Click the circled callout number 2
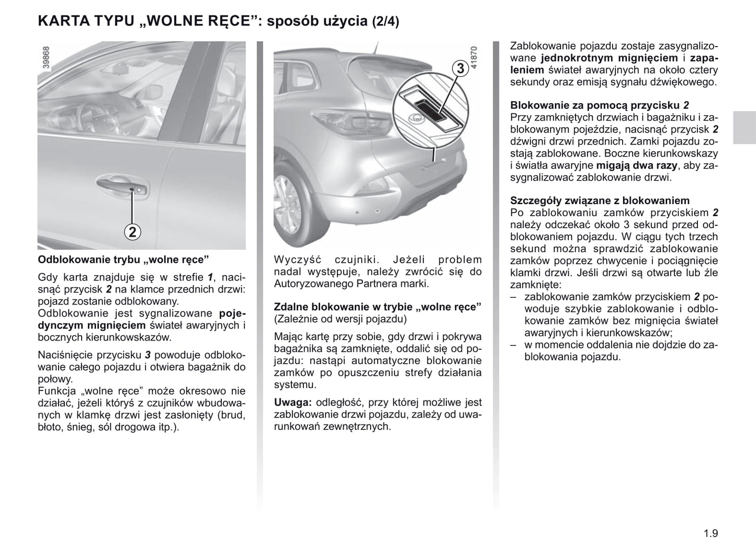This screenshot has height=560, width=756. pos(133,231)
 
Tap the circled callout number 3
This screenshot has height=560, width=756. pos(460,69)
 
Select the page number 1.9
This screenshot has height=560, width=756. pos(710,534)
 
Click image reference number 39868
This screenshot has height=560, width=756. pos(46,58)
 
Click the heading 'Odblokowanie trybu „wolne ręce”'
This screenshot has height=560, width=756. pos(123,260)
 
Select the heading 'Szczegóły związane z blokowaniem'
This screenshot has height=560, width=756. pos(600,200)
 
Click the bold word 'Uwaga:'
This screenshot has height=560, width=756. pos(293,402)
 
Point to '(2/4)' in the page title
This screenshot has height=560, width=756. pos(386,22)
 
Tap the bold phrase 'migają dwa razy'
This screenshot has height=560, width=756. pos(637,165)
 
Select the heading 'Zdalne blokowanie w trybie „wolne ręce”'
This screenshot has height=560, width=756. pos(378,307)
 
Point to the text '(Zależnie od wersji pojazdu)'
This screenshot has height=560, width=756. pos(340,319)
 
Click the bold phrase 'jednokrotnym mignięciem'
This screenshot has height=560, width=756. pos(610,58)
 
